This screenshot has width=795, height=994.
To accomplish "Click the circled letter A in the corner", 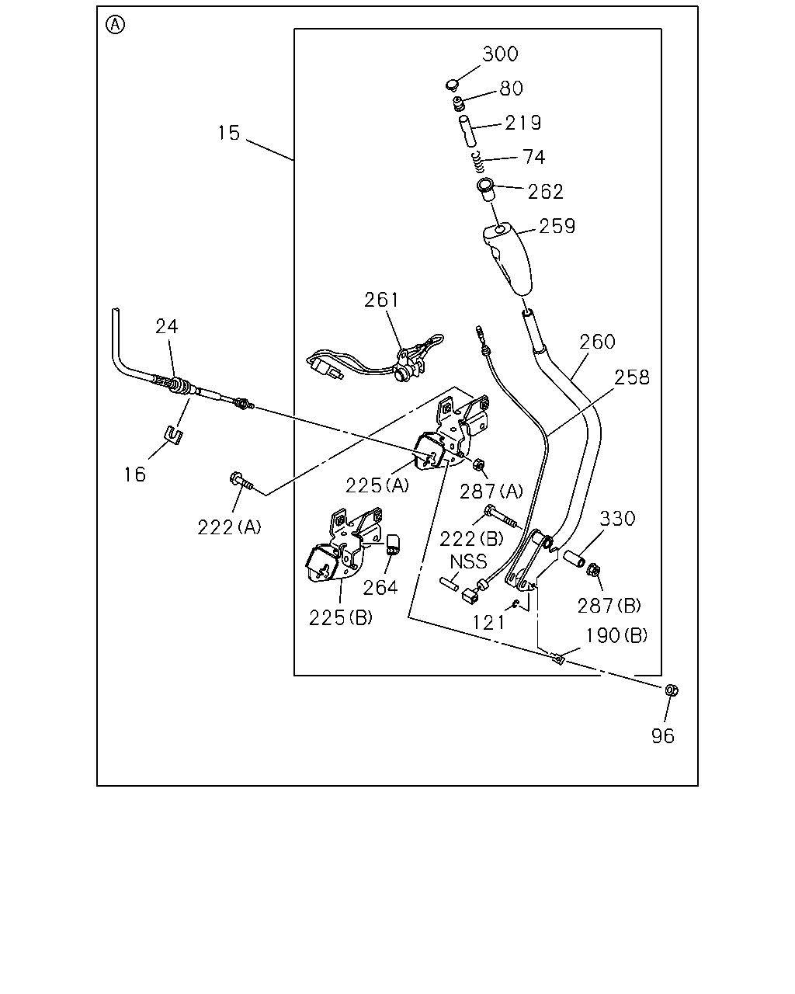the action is pyautogui.click(x=115, y=25).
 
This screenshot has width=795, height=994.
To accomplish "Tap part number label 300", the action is pyautogui.click(x=500, y=54).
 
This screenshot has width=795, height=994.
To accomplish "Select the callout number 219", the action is pyautogui.click(x=522, y=123).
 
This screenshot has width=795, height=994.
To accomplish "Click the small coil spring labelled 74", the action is pyautogui.click(x=478, y=162).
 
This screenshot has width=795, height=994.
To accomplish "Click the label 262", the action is pyautogui.click(x=546, y=192).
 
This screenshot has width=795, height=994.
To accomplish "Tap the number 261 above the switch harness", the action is pyautogui.click(x=381, y=301).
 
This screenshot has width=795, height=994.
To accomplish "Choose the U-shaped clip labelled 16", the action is pyautogui.click(x=173, y=435).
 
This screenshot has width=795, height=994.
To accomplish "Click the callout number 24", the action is pyautogui.click(x=166, y=327).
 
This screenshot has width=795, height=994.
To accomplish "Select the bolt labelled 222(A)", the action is pyautogui.click(x=241, y=481).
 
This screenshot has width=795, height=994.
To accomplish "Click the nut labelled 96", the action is pyautogui.click(x=672, y=690).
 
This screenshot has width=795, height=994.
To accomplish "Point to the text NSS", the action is pyautogui.click(x=468, y=561).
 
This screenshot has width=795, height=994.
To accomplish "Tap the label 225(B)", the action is pyautogui.click(x=341, y=618).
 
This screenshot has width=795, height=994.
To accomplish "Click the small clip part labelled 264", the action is pyautogui.click(x=393, y=544).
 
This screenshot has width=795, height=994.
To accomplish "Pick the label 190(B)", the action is pyautogui.click(x=616, y=635).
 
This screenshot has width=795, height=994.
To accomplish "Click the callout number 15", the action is pyautogui.click(x=229, y=133).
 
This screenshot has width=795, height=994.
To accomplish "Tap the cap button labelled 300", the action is pyautogui.click(x=453, y=85).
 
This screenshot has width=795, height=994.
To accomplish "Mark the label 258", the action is pyautogui.click(x=631, y=377).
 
